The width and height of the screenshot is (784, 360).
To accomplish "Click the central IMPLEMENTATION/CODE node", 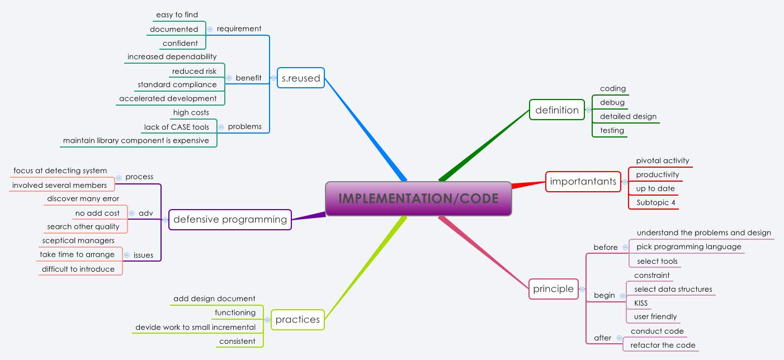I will pos(418,198).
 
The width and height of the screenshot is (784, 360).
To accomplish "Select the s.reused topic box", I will pos(301,78).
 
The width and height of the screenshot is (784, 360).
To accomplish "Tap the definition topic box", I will pos(557,110).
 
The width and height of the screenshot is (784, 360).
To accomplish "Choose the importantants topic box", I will pos(583,181).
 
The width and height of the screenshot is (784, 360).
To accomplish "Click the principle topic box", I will pos(553,288).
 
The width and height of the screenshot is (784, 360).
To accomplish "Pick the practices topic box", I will pos(297,320).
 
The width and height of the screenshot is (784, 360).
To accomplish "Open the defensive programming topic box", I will pos(230,220).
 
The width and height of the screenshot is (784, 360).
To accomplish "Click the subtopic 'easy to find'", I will pos(177,15).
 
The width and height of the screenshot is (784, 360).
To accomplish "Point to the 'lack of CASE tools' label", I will pos(176,127).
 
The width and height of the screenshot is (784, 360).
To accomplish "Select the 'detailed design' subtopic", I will pos(628,116).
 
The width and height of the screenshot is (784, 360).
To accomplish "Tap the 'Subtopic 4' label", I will pos(651,202).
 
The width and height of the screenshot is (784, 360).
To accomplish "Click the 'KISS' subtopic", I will pos(641,303).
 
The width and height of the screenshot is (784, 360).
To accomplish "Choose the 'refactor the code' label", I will pos(663,345).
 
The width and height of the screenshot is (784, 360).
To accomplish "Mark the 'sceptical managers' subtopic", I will pos(78,240).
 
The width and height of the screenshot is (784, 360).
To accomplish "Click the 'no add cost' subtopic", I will pos(97,213).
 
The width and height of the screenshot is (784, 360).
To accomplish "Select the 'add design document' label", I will pos(214,299).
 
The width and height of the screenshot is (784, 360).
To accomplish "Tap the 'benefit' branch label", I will pos(248,78).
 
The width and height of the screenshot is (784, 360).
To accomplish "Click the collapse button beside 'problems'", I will pos(221,127).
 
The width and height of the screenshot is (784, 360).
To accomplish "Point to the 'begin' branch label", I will pos(604,295).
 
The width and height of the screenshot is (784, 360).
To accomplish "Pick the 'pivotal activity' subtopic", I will pos(662,160).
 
